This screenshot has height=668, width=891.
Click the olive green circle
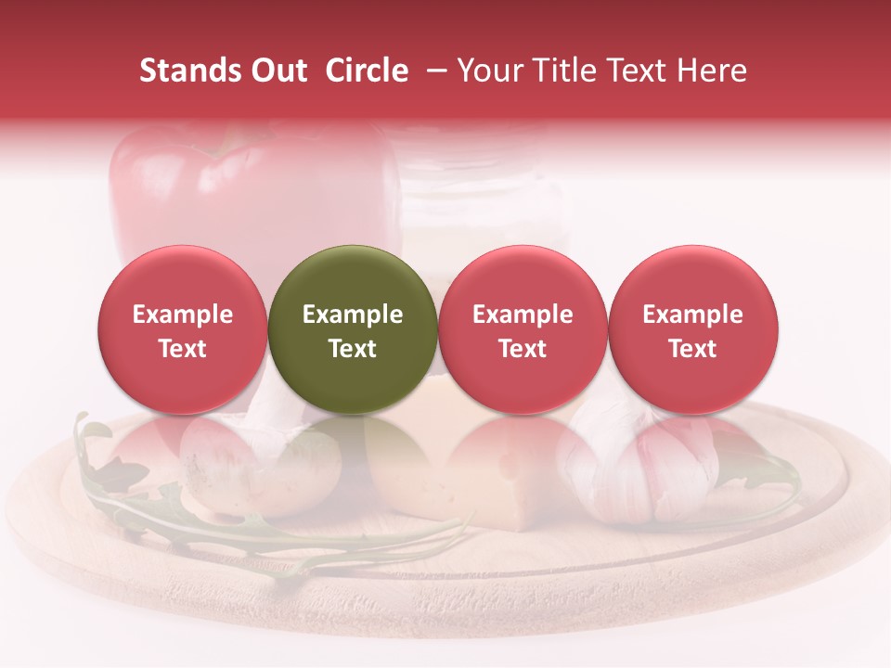pos(353,329)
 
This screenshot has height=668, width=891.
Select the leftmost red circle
pos(183,329)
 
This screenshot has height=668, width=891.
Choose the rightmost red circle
pos(693,329)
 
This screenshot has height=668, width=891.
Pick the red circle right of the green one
pos(523,329)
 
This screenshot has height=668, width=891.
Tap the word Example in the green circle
pos(353,315)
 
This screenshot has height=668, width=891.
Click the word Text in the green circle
pos(353,349)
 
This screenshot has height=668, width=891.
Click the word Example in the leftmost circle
pos(183,315)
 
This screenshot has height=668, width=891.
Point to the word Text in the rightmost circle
pos(693,349)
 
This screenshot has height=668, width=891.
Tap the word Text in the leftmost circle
pos(183,349)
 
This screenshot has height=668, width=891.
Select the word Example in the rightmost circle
pos(693,315)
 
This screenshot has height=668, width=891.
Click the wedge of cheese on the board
pos(464,482)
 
